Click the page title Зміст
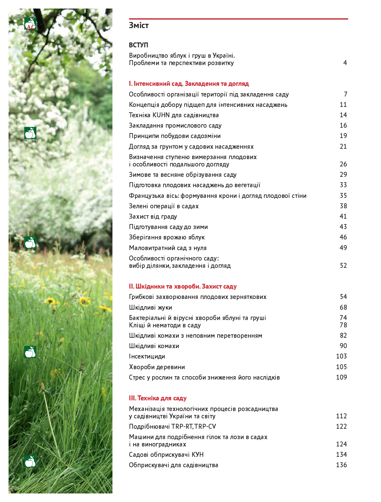139,25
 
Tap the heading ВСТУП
138,45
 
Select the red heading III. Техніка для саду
158,398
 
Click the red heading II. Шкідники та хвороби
183,286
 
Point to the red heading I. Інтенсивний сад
189,84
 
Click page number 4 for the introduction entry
345,63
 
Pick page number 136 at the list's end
341,465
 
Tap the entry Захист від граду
153,216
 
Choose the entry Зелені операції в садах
164,206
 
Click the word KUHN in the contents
161,115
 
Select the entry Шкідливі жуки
150,307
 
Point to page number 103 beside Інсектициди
341,356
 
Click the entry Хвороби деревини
157,367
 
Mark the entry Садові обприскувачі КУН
166,455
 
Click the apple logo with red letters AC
30,24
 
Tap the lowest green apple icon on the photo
30,461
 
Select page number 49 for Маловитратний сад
343,248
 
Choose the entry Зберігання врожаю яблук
167,237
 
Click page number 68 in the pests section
343,307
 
